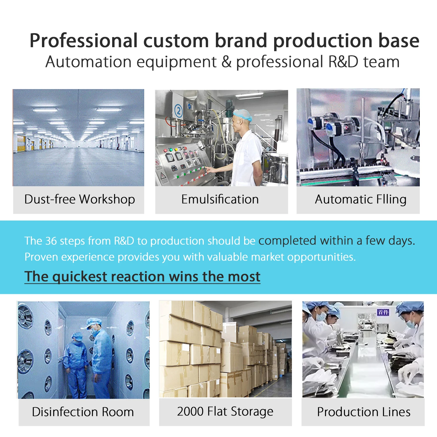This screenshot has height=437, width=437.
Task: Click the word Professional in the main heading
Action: coord(84,41)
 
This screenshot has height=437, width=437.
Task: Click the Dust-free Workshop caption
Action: coord(80,200)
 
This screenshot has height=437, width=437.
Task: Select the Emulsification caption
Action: coord(220,200)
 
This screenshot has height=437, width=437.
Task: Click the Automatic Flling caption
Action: coord(361,200)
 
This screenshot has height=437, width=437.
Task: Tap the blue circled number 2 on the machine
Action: coord(179,111)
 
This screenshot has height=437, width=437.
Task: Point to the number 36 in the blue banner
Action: coord(51,241)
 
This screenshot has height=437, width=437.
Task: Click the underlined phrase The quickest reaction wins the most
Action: coord(142,276)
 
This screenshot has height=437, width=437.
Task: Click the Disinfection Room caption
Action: coord(83,412)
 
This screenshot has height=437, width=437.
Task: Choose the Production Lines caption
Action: coord(364,412)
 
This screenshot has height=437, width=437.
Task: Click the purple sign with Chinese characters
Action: coord(383,312)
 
